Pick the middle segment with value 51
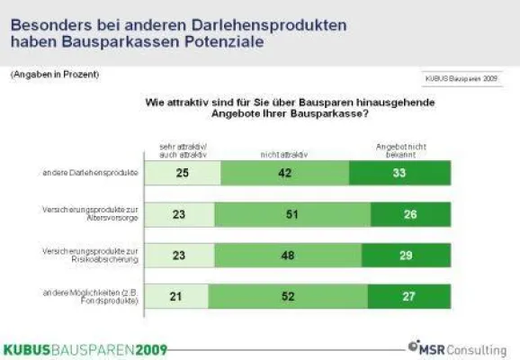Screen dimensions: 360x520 (x=293, y=214)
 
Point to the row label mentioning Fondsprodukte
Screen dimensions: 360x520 (x=94, y=295)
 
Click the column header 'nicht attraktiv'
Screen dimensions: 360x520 (x=284, y=154)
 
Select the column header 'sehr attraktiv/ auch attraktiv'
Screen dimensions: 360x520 (x=183, y=150)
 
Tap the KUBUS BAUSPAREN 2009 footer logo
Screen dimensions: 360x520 (x=85, y=348)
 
